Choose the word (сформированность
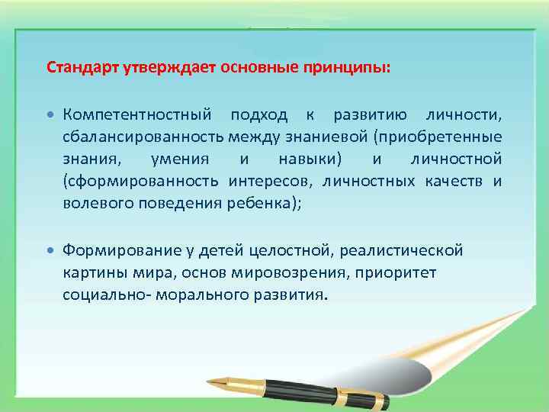[142, 182]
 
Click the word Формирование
[117, 249]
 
